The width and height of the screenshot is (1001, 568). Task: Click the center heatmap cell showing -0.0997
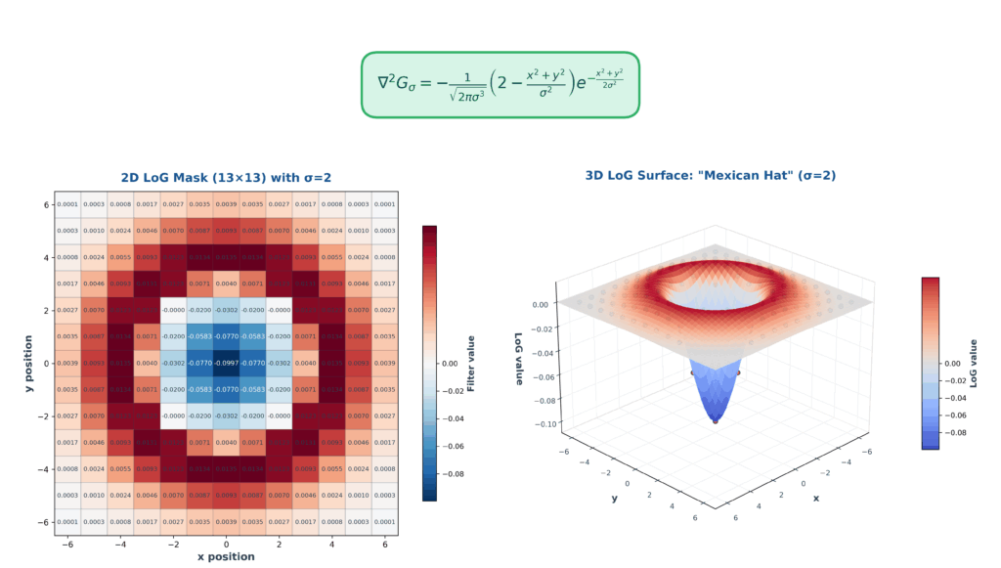(x=226, y=363)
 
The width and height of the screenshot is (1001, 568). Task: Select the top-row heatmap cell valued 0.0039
(x=226, y=204)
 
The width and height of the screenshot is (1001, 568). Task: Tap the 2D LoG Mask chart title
(x=226, y=177)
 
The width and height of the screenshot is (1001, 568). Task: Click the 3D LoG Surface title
(x=710, y=176)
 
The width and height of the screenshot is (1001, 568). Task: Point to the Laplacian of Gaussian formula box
(x=500, y=85)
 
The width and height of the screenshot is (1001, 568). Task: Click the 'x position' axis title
(x=226, y=556)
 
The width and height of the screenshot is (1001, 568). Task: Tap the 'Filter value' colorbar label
(x=471, y=363)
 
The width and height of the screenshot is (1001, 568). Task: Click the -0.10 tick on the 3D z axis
(x=540, y=423)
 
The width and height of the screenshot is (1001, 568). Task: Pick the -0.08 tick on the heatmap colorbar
(x=454, y=472)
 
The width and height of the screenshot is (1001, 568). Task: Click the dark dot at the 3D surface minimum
(x=715, y=421)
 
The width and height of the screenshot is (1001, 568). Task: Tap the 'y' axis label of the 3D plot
(x=614, y=497)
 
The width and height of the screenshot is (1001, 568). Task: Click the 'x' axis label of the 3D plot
(x=815, y=498)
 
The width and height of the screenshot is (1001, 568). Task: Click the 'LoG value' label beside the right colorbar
(x=974, y=363)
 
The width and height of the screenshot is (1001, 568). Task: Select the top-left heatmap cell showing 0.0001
(x=66, y=204)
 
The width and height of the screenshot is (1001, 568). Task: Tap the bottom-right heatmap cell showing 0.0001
(x=385, y=521)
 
